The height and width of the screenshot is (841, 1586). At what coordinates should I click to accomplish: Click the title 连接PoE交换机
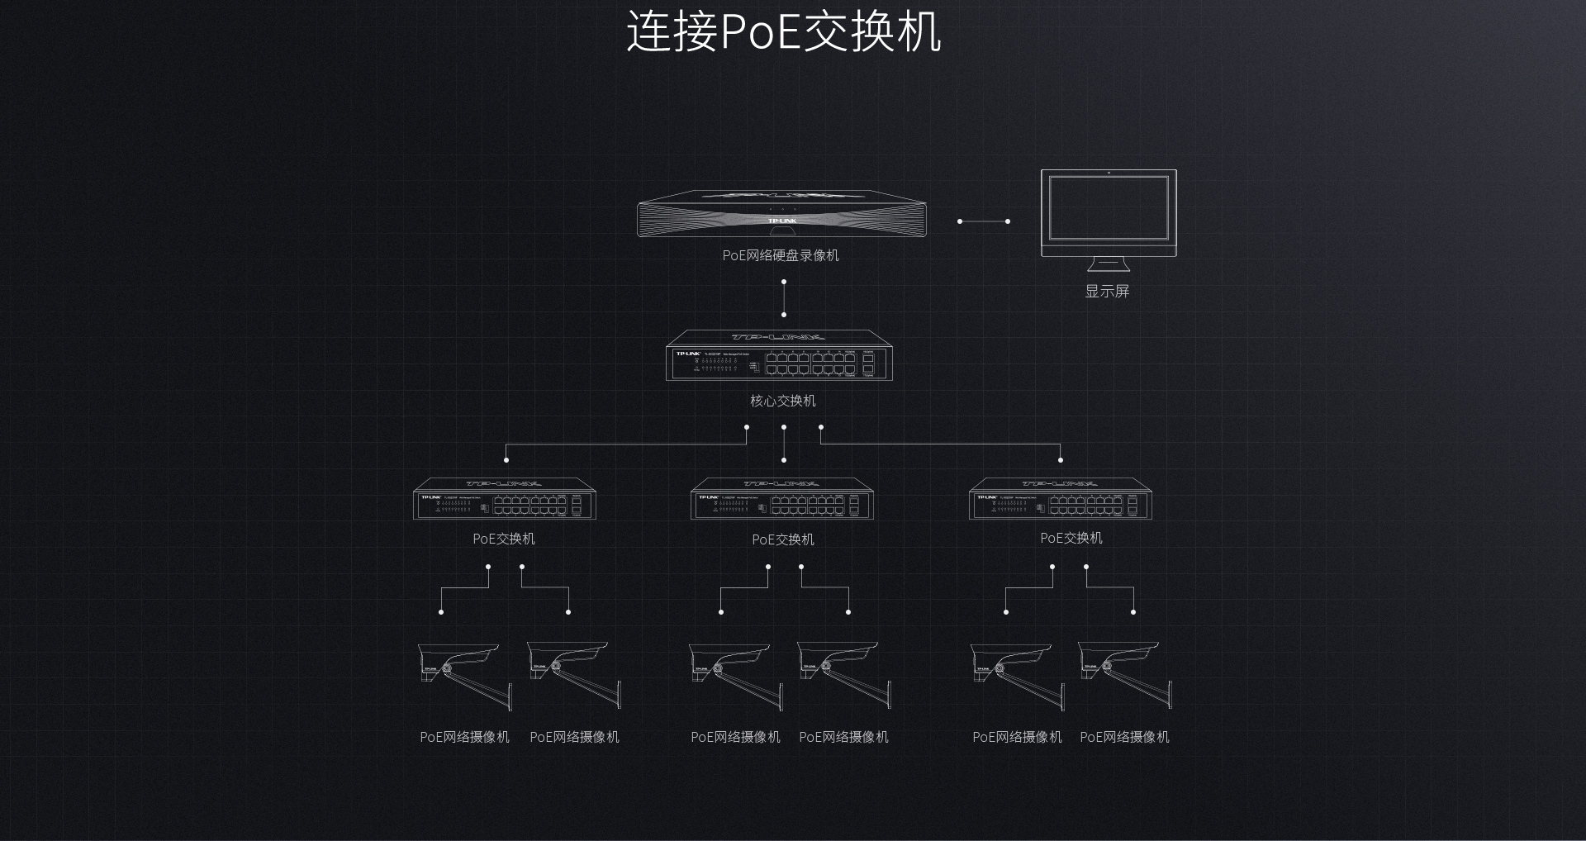pyautogui.click(x=783, y=32)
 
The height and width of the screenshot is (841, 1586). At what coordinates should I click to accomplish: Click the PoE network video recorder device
pyautogui.click(x=781, y=214)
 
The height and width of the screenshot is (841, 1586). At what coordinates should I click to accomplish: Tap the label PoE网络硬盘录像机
pyautogui.click(x=781, y=255)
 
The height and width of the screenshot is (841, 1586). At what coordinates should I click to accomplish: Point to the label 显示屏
pyautogui.click(x=1107, y=291)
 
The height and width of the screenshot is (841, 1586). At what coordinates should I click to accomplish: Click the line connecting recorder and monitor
pyautogui.click(x=983, y=221)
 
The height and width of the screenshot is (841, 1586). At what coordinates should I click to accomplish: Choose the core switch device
pyautogui.click(x=779, y=356)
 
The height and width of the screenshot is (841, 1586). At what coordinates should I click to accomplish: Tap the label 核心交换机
pyautogui.click(x=782, y=401)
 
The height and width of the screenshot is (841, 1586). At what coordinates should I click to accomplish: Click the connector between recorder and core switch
pyautogui.click(x=784, y=298)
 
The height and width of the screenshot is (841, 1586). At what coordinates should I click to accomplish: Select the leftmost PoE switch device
pyautogui.click(x=504, y=499)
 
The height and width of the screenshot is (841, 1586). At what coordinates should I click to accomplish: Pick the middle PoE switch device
pyautogui.click(x=781, y=499)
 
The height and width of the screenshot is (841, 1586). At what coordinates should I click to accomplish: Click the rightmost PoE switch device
pyautogui.click(x=1060, y=499)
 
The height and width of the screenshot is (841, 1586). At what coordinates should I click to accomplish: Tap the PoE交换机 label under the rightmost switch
pyautogui.click(x=1071, y=538)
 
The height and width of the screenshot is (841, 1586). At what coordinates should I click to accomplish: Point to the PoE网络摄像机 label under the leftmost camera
pyautogui.click(x=464, y=737)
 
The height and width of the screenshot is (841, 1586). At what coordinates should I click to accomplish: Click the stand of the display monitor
pyautogui.click(x=1108, y=264)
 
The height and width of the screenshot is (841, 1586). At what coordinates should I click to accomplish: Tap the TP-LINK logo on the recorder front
pyautogui.click(x=781, y=221)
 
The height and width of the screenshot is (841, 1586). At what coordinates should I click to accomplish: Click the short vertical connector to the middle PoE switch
pyautogui.click(x=784, y=444)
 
